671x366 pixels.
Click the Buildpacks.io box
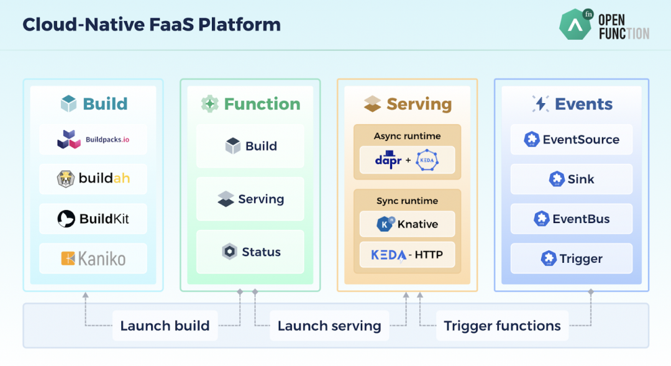tap(93, 140)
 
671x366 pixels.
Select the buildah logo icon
tap(65, 179)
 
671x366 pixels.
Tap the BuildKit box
tap(93, 219)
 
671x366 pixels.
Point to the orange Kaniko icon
tap(68, 258)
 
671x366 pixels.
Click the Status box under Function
tap(250, 252)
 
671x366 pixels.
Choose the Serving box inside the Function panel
tap(250, 199)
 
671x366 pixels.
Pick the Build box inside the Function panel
tap(250, 146)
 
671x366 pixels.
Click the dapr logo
tap(388, 160)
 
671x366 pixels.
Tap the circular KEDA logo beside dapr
tap(427, 160)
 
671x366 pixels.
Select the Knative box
tap(408, 224)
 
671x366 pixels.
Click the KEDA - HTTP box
tap(408, 255)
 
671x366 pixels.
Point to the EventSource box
tap(572, 140)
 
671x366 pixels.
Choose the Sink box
tap(572, 179)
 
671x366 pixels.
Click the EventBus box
tap(572, 219)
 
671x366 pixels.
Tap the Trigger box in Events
tap(572, 258)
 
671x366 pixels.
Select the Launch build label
tap(165, 326)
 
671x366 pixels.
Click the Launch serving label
tap(329, 326)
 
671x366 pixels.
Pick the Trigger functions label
tap(502, 326)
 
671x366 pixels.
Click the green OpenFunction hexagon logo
tap(575, 25)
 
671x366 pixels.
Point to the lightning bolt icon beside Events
tap(541, 104)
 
